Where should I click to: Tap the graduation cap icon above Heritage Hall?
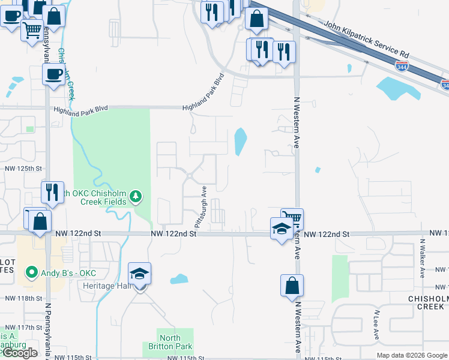pyautogui.click(x=139, y=275)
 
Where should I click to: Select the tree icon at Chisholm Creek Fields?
pyautogui.click(x=136, y=196)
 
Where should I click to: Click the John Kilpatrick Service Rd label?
pyautogui.click(x=366, y=41)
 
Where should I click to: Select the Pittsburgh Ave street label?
pyautogui.click(x=198, y=205)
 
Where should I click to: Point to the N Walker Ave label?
pyautogui.click(x=422, y=259)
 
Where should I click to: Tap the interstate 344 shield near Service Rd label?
pyautogui.click(x=402, y=66)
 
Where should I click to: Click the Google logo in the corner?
pyautogui.click(x=20, y=353)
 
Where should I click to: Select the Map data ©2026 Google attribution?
pyautogui.click(x=411, y=355)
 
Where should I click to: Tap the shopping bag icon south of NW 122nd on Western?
pyautogui.click(x=292, y=286)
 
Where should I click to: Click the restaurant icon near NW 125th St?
pyautogui.click(x=52, y=192)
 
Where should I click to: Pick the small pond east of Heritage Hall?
pyautogui.click(x=179, y=279)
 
